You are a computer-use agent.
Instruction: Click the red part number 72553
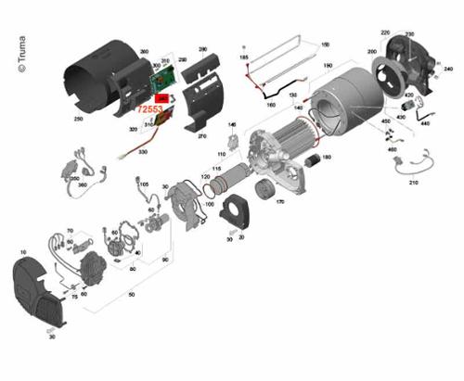(152, 108)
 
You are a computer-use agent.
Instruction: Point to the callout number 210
(414, 183)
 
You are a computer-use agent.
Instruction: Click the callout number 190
(328, 65)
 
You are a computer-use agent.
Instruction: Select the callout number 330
(143, 151)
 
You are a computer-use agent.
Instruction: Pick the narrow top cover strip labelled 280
(195, 65)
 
